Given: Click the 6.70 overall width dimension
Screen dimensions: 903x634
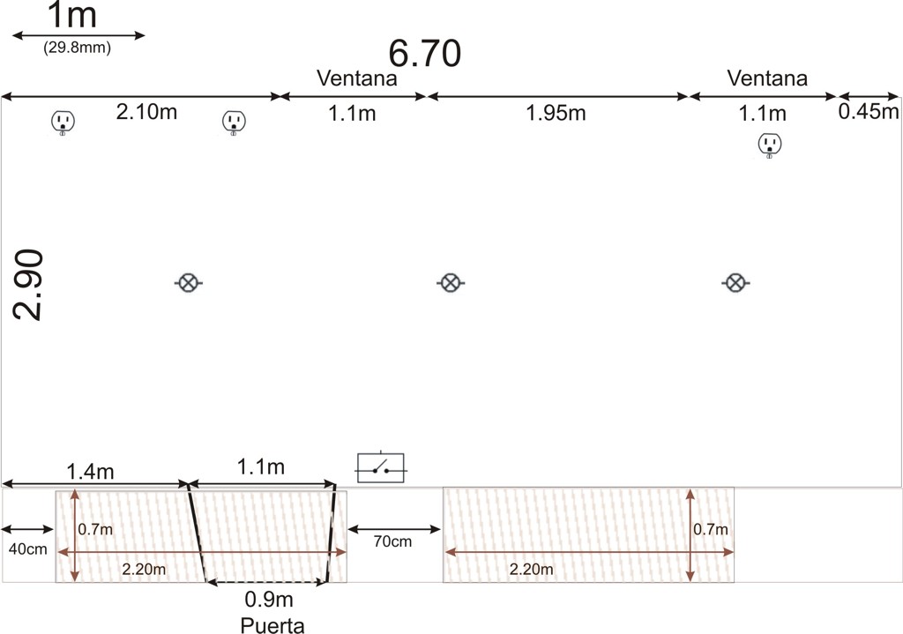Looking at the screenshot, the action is point(424,54).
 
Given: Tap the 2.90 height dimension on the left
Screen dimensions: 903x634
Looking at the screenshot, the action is point(27,285).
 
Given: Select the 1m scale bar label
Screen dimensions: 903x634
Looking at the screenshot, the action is point(71,15).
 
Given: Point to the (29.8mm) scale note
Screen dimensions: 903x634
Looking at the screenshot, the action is point(78,48).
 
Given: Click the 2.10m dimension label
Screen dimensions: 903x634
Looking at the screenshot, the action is point(146,112).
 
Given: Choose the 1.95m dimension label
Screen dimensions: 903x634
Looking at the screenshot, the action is point(556,113).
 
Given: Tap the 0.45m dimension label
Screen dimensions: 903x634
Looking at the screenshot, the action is point(869,112).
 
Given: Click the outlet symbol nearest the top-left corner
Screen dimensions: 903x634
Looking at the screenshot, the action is point(63,122).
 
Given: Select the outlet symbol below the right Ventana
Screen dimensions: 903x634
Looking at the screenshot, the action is point(769,145).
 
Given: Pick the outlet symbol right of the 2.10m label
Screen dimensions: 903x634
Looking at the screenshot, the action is point(234,122).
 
